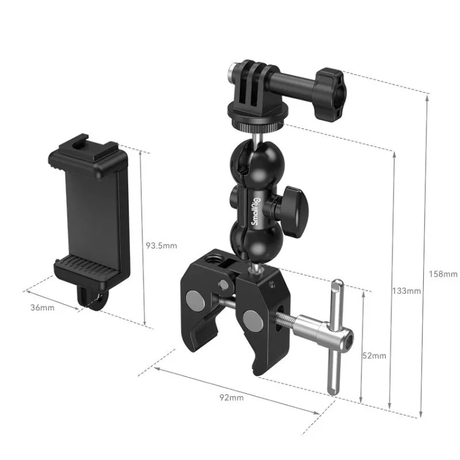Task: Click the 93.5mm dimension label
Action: click(162, 245)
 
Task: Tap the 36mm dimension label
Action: click(42, 307)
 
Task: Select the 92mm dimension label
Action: click(231, 397)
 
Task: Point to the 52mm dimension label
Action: click(374, 356)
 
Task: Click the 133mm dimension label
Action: click(407, 291)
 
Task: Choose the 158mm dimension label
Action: click(443, 274)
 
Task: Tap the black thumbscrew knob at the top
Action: click(331, 94)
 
